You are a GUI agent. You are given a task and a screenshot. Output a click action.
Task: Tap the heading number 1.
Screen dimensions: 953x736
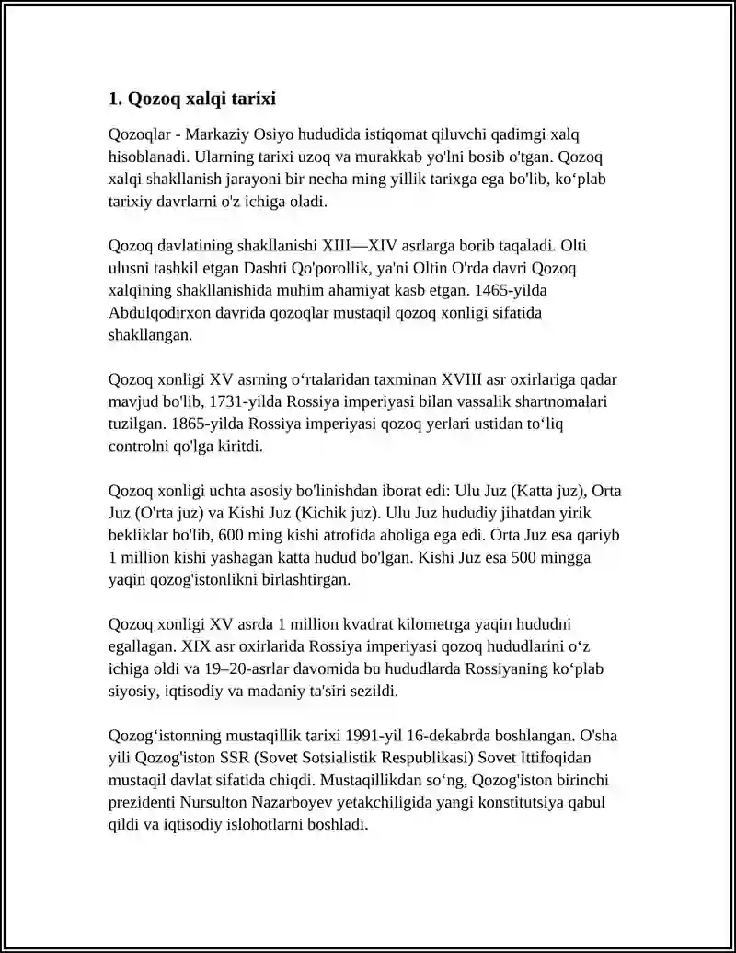point(114,98)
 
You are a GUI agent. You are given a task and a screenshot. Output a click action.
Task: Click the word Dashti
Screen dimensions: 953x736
point(289,269)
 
